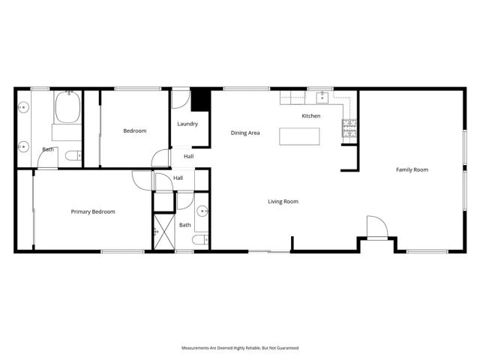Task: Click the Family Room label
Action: (412, 170)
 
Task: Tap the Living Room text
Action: (284, 201)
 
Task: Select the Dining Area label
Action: (245, 133)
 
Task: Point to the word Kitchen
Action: (311, 116)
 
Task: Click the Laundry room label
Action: (187, 124)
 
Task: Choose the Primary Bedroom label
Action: (93, 212)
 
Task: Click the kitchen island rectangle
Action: (298, 136)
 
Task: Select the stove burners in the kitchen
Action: (349, 129)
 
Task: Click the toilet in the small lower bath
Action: (197, 240)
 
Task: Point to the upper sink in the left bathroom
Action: (23, 107)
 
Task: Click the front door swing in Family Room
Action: (376, 227)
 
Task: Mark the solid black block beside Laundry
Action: (201, 100)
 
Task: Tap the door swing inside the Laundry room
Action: (181, 100)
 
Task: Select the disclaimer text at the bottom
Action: (240, 348)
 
